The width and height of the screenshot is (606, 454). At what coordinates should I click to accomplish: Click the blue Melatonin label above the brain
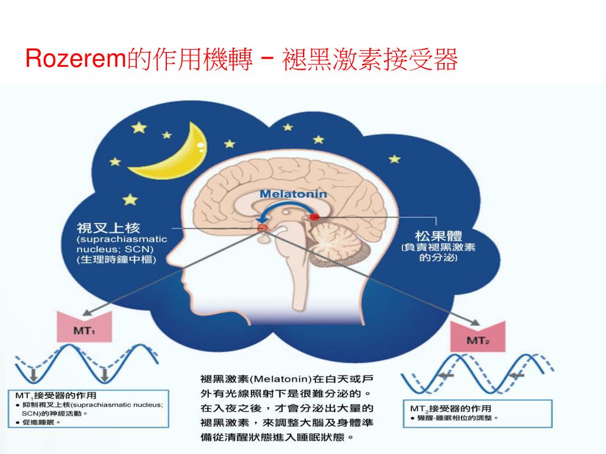(x=293, y=194)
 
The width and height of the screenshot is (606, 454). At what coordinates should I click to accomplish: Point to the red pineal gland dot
(x=314, y=217)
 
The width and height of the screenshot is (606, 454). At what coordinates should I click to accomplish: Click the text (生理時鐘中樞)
(x=115, y=260)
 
